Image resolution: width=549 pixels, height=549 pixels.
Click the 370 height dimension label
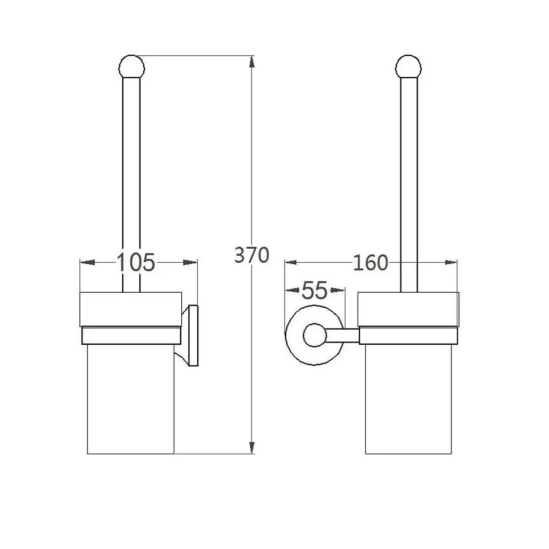(251, 255)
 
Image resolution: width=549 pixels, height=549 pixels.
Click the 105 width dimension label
(136, 262)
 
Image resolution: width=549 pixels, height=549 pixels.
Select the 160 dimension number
(370, 263)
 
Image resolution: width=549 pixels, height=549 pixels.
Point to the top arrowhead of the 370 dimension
(252, 62)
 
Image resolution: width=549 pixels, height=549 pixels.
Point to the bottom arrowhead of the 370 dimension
(252, 446)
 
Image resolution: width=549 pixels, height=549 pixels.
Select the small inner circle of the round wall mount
(314, 336)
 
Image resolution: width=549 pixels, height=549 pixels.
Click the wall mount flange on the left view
(192, 336)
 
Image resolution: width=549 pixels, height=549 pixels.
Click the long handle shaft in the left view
(131, 182)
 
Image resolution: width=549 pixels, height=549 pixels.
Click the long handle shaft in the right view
(409, 182)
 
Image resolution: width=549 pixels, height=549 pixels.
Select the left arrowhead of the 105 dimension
(87, 263)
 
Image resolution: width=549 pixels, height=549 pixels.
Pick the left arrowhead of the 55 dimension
(291, 291)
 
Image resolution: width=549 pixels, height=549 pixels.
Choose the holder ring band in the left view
(130, 336)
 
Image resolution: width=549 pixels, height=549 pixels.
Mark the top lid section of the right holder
(409, 309)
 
